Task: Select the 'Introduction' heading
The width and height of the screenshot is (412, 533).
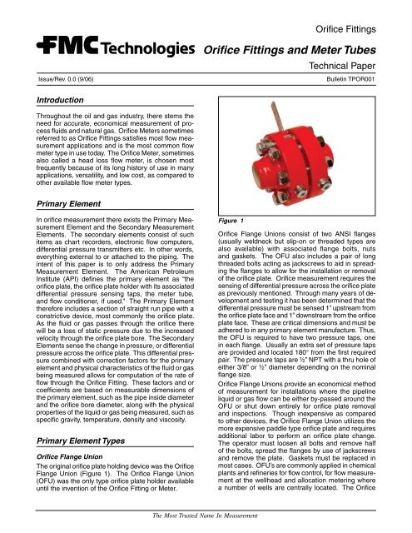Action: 45,101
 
